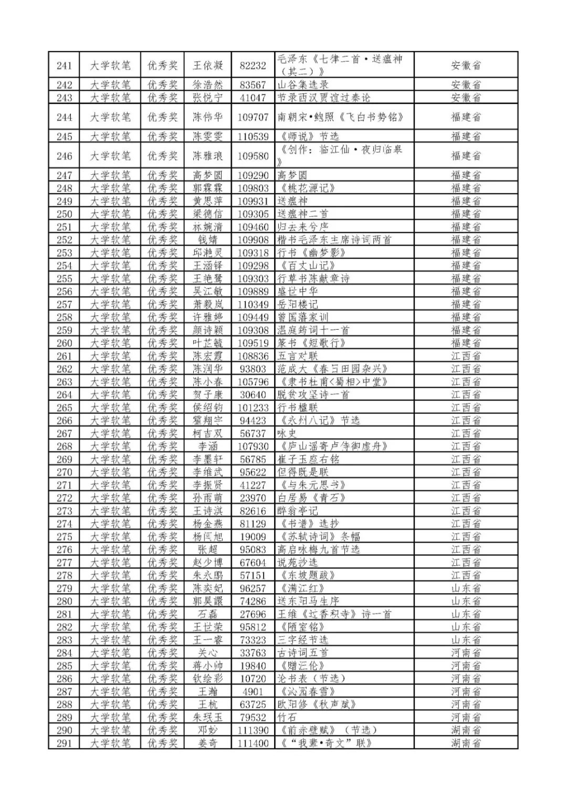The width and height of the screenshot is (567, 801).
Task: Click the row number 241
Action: coord(64,66)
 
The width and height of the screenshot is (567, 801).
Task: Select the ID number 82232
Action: coord(253,66)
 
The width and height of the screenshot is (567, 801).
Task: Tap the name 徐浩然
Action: coord(207,85)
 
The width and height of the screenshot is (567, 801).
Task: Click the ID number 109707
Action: coord(253,117)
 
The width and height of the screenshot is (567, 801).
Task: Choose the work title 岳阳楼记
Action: coord(298,304)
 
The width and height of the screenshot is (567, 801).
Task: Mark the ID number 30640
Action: coord(253,395)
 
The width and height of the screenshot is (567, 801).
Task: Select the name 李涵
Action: coord(207,446)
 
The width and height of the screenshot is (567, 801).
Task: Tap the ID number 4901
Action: coord(253,691)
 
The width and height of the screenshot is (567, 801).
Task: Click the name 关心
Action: coord(207,652)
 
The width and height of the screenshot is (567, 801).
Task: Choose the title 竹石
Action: coord(288,717)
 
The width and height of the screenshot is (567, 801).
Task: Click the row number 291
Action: coord(64,743)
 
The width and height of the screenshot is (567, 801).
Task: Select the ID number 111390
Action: coord(253,730)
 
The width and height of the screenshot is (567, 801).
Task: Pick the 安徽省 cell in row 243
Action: coord(466,98)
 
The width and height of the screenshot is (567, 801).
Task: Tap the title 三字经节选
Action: coord(303,640)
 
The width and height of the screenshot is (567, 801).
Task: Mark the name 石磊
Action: coord(207,614)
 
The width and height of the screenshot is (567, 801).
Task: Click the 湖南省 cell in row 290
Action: coord(466,730)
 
